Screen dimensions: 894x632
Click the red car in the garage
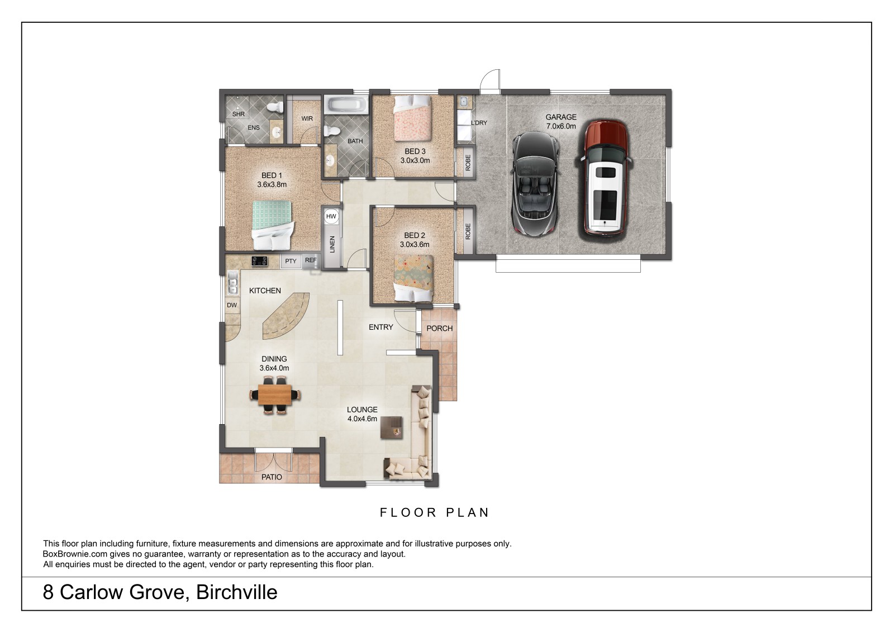click(604, 178)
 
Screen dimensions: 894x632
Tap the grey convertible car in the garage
click(535, 184)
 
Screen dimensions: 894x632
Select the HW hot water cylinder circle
click(331, 216)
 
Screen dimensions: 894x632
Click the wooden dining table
click(275, 395)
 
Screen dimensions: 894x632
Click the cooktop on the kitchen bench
click(259, 261)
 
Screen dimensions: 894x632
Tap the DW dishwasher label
click(232, 306)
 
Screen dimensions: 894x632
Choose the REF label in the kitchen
click(311, 260)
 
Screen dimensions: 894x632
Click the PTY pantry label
click(291, 261)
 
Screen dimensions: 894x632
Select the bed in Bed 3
click(413, 118)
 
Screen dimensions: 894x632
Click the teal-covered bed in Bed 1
click(273, 225)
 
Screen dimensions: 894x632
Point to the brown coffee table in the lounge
click(391, 427)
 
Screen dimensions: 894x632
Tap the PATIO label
click(272, 477)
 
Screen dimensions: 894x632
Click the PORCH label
click(439, 329)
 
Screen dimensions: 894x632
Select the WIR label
click(307, 118)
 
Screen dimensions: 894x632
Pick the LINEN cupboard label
click(332, 244)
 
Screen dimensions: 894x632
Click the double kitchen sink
click(232, 283)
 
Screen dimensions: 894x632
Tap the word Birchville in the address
click(237, 592)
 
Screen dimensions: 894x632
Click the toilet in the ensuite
click(275, 107)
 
